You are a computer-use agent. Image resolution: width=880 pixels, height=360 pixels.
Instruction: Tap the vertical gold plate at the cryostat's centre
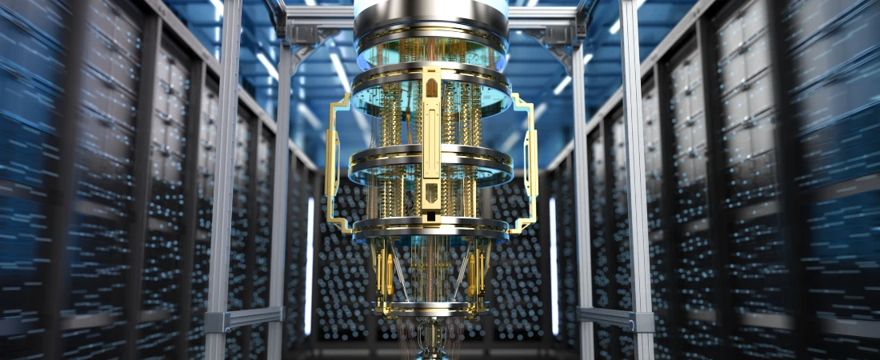431,144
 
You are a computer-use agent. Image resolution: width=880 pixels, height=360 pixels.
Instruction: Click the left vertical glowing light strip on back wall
309,264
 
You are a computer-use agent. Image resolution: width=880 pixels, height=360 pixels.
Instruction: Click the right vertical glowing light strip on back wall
553,264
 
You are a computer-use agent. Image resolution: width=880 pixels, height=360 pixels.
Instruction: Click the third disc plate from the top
431,157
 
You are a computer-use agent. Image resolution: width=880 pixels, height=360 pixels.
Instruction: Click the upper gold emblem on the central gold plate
431,86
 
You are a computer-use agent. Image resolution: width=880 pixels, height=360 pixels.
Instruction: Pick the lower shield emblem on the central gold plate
431,192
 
